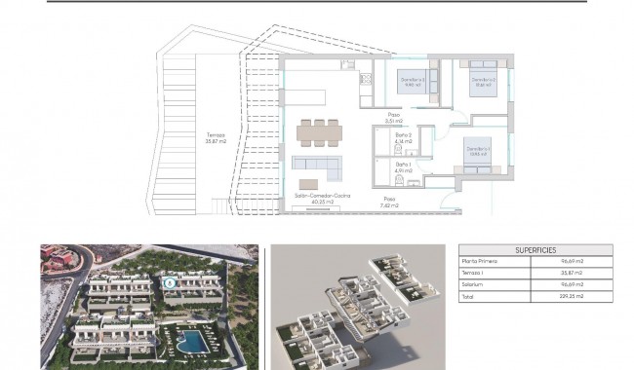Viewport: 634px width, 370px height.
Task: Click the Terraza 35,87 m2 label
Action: [216, 137]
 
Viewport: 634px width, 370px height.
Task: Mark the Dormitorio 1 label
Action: [478, 149]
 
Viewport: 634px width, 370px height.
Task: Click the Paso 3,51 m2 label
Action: [393, 119]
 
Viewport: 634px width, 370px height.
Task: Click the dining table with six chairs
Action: [320, 129]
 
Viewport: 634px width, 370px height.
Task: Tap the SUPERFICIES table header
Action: [535, 248]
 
